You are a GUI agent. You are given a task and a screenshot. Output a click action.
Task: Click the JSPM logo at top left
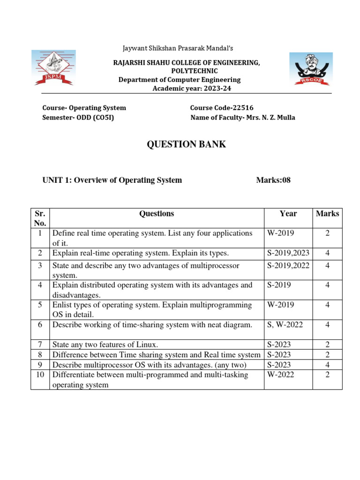tap(52, 68)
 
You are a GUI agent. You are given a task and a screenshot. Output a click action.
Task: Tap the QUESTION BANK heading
tap(186, 144)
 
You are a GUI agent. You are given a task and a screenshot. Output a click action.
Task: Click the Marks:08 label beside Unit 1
tap(273, 180)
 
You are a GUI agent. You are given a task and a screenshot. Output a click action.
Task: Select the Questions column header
tap(157, 214)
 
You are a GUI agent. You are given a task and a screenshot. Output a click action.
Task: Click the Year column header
tap(288, 214)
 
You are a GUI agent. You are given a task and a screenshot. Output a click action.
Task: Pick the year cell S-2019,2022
tap(288, 266)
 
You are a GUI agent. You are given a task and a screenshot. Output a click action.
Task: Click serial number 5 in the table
tap(40, 305)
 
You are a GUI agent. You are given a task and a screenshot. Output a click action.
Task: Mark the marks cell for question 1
tap(327, 233)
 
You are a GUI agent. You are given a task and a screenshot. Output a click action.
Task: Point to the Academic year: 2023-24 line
tap(192, 89)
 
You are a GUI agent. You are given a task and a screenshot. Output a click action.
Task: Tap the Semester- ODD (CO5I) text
tap(78, 118)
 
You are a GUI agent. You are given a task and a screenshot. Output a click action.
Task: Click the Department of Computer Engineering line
tap(180, 80)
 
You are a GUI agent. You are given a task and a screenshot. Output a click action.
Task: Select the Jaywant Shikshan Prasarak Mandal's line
tap(178, 48)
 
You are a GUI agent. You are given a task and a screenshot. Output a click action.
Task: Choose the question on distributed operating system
tap(152, 290)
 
